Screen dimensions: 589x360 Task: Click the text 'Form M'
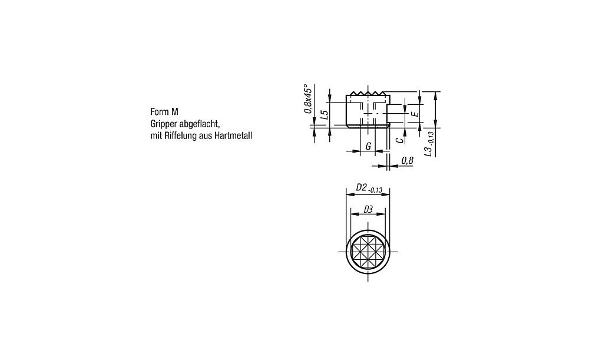pyautogui.click(x=164, y=111)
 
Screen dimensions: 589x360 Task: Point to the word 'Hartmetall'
pyautogui.click(x=233, y=136)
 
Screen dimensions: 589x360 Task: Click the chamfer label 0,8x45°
pyautogui.click(x=308, y=98)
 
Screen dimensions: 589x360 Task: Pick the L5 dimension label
pyautogui.click(x=325, y=114)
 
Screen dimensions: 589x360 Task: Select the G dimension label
pyautogui.click(x=369, y=146)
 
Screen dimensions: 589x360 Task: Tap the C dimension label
pyautogui.click(x=400, y=140)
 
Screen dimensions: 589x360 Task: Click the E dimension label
pyautogui.click(x=415, y=113)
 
